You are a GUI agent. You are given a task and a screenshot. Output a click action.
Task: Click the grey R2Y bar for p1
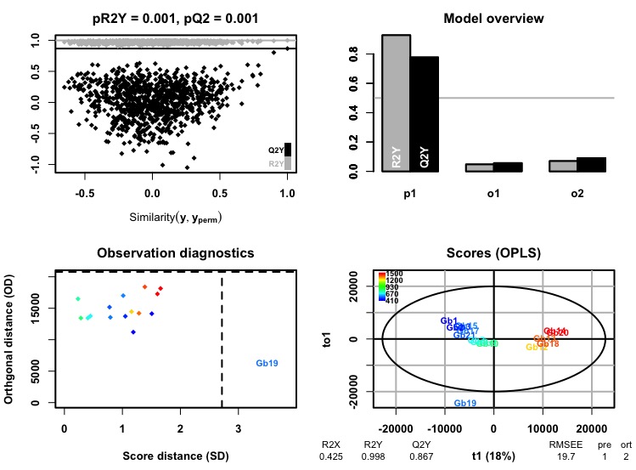[x=397, y=102]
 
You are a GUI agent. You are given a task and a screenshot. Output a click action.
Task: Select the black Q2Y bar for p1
[x=425, y=114]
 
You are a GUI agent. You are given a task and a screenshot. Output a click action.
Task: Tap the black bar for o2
[x=593, y=164]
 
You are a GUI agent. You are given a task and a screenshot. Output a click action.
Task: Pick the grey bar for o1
[x=479, y=167]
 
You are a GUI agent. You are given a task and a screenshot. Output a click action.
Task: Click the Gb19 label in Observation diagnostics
[x=267, y=363]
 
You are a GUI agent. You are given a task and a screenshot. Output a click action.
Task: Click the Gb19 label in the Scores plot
[x=464, y=403]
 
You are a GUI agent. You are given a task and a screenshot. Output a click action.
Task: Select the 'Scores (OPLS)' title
[x=492, y=253]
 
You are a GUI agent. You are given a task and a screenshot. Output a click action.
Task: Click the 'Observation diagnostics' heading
[x=174, y=253]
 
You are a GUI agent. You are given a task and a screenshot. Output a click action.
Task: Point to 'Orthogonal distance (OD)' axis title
[x=19, y=340]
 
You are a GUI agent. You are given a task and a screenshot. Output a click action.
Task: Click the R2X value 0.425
[x=331, y=456]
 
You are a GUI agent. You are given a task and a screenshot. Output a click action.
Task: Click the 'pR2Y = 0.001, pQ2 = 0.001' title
[x=174, y=19]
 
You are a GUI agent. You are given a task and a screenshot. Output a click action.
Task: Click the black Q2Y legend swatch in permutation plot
[x=288, y=149]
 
